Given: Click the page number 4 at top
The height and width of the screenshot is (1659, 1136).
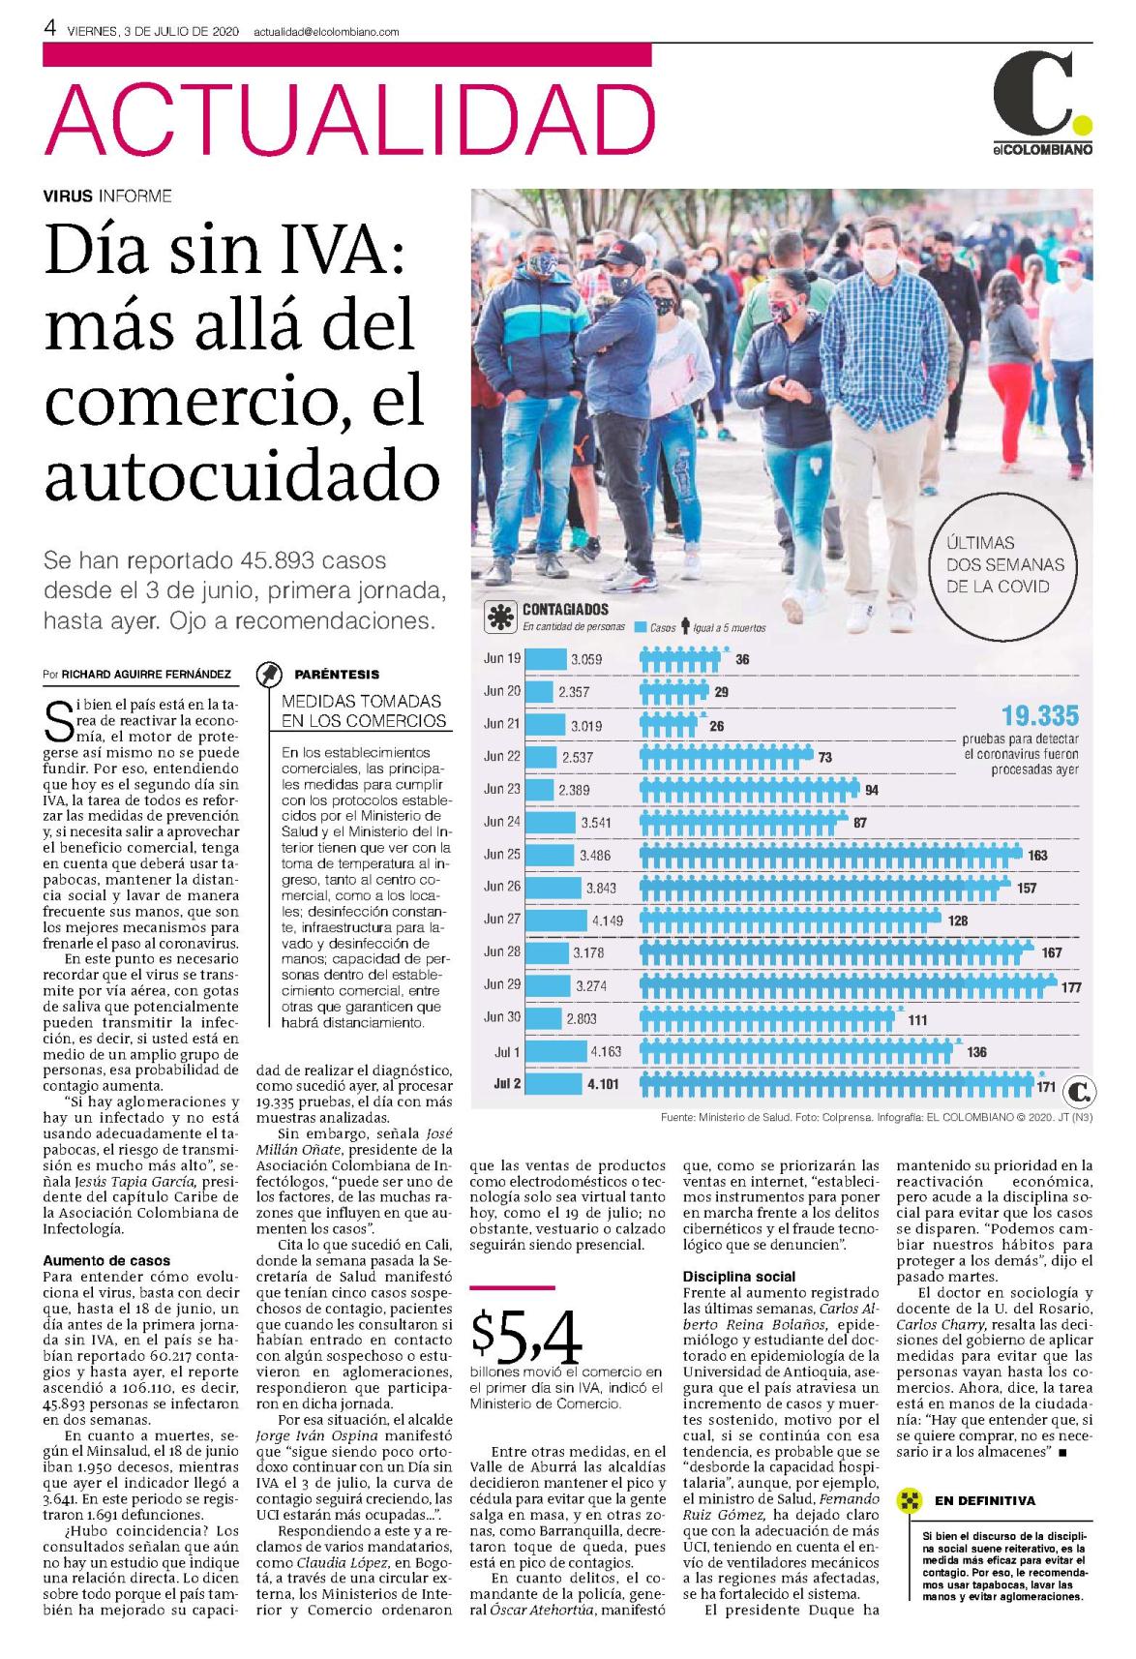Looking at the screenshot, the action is (x=49, y=28).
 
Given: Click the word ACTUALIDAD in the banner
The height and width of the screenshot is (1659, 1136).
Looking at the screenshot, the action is (x=349, y=117).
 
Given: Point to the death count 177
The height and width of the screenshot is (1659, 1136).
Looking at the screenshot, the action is (x=1070, y=986).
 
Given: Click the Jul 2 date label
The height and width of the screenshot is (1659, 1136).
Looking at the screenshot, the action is (x=507, y=1084).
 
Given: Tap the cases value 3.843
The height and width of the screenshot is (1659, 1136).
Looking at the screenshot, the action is (x=601, y=888).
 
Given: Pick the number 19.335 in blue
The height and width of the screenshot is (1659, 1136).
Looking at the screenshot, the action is (x=1040, y=715).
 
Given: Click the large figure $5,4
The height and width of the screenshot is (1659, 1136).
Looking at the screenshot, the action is (x=525, y=1337).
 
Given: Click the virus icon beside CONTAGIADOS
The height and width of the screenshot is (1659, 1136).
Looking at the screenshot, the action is (x=500, y=617).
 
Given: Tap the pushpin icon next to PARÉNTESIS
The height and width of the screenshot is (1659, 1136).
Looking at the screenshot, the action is (x=269, y=674).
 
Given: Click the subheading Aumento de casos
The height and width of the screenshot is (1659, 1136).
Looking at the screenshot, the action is (x=106, y=1260).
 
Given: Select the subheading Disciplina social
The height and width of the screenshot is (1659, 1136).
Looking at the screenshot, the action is (x=739, y=1276).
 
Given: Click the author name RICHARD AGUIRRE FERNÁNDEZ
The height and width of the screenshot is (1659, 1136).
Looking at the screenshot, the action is (x=146, y=674).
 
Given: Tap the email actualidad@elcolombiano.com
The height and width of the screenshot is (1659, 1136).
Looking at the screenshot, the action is (x=327, y=32).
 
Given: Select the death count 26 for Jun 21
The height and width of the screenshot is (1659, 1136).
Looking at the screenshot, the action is (x=716, y=726).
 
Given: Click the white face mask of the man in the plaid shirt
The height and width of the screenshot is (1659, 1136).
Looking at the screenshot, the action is (x=880, y=263).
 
